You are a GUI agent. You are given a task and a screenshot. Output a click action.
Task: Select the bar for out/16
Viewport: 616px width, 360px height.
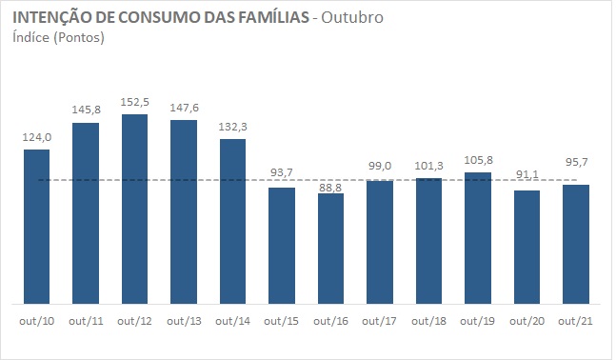click(x=330, y=250)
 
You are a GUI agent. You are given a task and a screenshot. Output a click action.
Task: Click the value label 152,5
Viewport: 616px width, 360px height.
click(x=134, y=102)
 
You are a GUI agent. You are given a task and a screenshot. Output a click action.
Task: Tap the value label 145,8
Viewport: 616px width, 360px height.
click(x=86, y=110)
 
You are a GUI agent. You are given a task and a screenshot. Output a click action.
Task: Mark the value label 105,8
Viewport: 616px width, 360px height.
click(x=478, y=160)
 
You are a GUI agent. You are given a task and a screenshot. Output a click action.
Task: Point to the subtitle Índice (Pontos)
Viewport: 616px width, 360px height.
click(x=59, y=38)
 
